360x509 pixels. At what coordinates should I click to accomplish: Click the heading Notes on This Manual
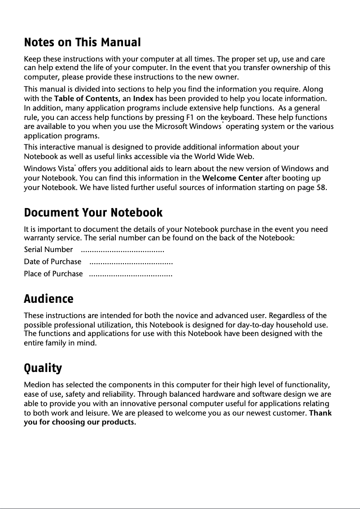[82, 43]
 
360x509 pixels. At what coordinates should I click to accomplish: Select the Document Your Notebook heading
[93, 212]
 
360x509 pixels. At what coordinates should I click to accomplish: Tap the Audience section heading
[48, 299]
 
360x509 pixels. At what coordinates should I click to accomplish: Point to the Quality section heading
[43, 368]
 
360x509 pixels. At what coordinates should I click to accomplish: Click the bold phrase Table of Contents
[86, 98]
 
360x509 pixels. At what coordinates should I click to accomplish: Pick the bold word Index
[144, 98]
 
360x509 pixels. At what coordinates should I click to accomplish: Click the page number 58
[321, 187]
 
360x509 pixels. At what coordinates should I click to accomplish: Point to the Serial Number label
[48, 249]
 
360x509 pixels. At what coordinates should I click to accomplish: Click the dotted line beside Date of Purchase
[131, 261]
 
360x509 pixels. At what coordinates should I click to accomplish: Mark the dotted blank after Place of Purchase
[131, 274]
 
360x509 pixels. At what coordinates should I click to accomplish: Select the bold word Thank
[320, 413]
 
